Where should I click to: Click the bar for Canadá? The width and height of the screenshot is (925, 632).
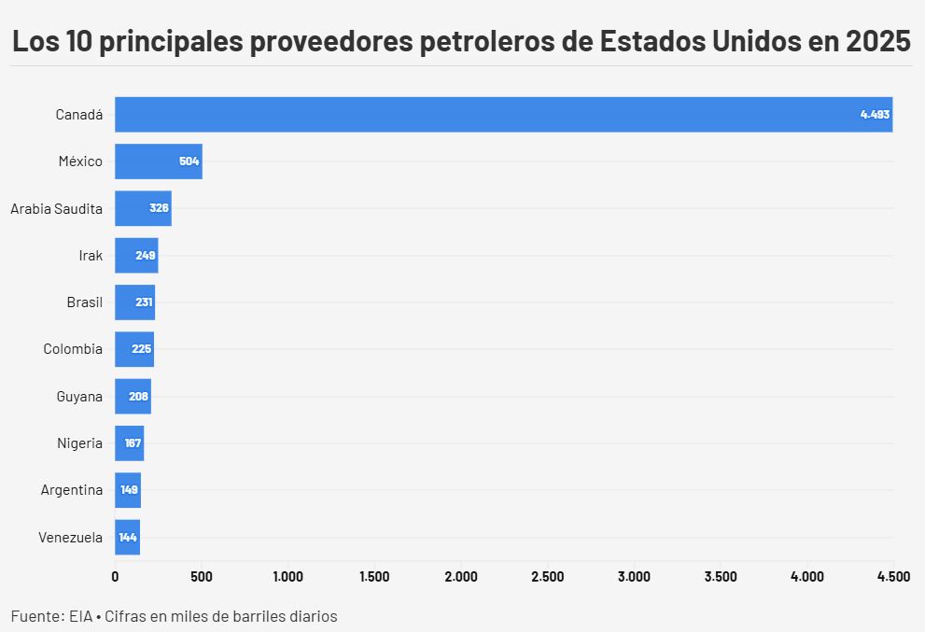click(504, 114)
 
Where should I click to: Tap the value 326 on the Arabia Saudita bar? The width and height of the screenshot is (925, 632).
click(159, 208)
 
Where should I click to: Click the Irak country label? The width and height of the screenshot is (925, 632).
click(91, 256)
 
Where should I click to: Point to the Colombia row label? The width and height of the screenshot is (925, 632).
click(73, 349)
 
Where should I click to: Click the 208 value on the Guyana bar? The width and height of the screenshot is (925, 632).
click(138, 397)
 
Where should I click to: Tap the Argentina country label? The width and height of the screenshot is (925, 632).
click(72, 490)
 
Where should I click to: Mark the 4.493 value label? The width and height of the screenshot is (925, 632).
click(875, 114)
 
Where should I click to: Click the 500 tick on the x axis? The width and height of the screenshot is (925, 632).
click(202, 577)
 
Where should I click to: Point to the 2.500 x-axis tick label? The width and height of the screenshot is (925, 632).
click(547, 577)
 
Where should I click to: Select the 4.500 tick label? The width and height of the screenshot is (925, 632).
click(893, 577)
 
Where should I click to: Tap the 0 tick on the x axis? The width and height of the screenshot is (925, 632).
click(115, 577)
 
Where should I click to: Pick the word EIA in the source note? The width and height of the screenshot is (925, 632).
click(80, 616)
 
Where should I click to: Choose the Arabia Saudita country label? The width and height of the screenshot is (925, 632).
click(56, 208)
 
